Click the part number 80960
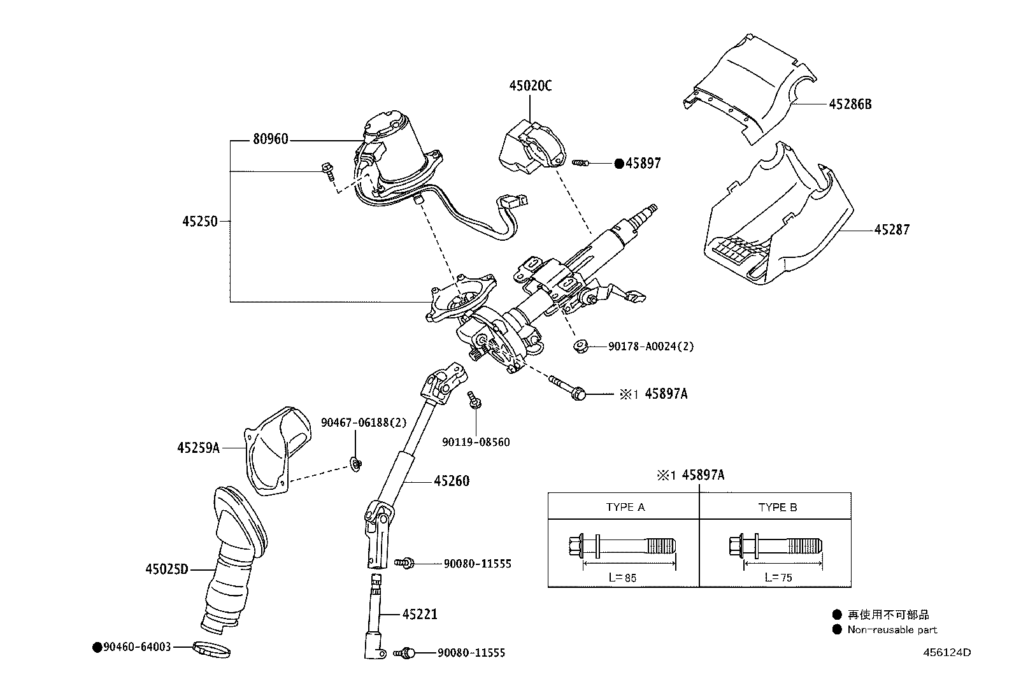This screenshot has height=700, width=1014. [x=270, y=139]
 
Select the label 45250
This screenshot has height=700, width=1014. [x=199, y=222]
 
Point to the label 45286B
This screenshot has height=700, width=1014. [x=850, y=104]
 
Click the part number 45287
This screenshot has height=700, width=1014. [x=892, y=229]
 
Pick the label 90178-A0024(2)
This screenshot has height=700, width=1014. [x=650, y=346]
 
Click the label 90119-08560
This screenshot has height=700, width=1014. [x=476, y=442]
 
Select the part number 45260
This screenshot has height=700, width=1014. [x=452, y=481]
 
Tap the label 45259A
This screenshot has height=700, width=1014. [x=198, y=448]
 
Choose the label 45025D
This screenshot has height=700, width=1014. [x=167, y=569]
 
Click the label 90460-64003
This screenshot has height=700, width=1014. [x=136, y=647]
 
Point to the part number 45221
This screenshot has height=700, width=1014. [x=420, y=615]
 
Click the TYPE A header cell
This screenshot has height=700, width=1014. [x=625, y=507]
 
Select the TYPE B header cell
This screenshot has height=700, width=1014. [x=777, y=507]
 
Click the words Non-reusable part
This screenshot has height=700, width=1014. [x=892, y=630]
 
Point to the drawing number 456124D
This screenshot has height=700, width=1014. [x=947, y=652]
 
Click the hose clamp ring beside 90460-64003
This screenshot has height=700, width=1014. [x=211, y=651]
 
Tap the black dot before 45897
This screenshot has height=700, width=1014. [x=618, y=163]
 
